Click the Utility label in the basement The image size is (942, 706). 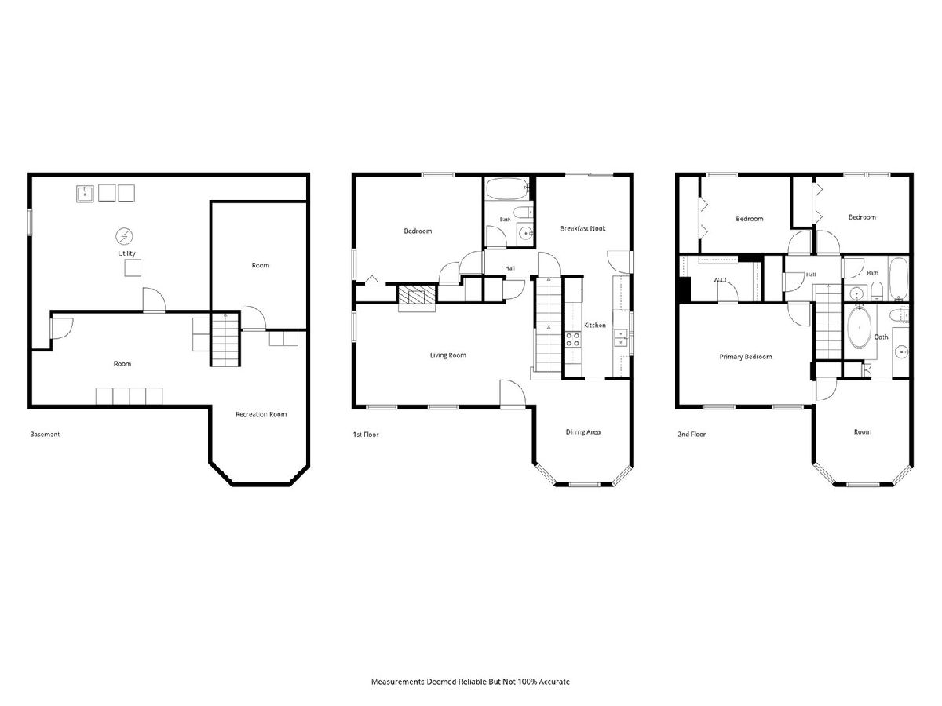click(x=126, y=253)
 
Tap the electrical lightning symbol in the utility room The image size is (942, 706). click(x=125, y=236)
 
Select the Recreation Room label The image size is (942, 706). click(x=261, y=414)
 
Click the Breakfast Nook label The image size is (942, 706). click(x=582, y=228)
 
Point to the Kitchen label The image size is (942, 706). click(x=595, y=325)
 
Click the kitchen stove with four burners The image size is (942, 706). click(x=573, y=340)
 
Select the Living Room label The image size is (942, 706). click(x=448, y=355)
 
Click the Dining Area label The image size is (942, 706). click(x=582, y=432)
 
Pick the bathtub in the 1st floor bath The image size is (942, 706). click(x=507, y=188)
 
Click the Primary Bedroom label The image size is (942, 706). click(x=746, y=357)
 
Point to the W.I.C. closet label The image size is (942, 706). click(x=721, y=280)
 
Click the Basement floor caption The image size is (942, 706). click(x=45, y=435)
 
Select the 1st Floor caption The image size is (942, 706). click(x=366, y=435)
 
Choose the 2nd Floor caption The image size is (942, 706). click(x=692, y=435)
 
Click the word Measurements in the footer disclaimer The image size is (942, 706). click(x=398, y=682)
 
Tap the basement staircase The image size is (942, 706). click(x=225, y=339)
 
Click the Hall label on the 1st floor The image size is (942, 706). click(x=509, y=268)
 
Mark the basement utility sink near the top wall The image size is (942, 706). click(x=86, y=193)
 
